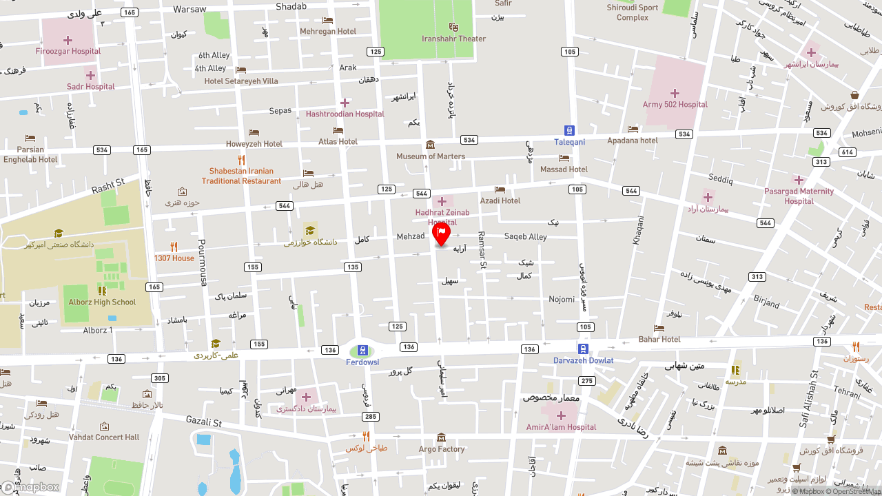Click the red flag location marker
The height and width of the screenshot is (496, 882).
[x=441, y=234]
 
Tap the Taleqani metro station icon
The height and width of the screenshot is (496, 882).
[x=569, y=130]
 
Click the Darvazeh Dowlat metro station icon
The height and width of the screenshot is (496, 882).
[x=583, y=349]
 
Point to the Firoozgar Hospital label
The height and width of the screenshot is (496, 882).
[x=68, y=51]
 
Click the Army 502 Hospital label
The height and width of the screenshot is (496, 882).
[x=675, y=105]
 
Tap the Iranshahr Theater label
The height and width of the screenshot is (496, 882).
[x=453, y=39]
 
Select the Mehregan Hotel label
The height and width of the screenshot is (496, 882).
[x=328, y=31]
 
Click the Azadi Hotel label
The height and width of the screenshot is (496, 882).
[x=500, y=200]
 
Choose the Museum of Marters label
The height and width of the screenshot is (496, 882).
[x=431, y=156]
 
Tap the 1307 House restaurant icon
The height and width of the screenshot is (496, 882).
[x=174, y=247]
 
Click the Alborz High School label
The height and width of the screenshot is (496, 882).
[x=102, y=302]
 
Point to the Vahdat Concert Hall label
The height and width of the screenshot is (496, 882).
[x=104, y=437]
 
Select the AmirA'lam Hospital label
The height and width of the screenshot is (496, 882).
[x=561, y=427]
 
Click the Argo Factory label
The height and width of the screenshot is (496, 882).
[x=442, y=449]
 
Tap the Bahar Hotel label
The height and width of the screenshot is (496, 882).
[x=659, y=339]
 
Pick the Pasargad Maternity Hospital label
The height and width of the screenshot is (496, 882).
[x=799, y=196]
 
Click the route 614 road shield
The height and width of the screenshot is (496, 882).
[x=847, y=152]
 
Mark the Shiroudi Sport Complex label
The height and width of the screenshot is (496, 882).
[x=633, y=12]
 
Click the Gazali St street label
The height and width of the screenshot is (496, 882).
[x=203, y=421]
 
